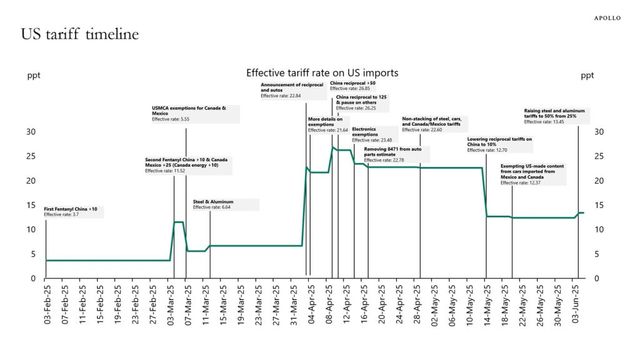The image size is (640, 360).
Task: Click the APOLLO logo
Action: (x=607, y=18)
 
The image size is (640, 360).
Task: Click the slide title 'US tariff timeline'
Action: (x=80, y=34)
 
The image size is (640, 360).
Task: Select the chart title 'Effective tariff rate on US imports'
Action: (x=322, y=73)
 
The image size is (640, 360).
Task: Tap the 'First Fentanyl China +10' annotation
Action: (x=71, y=208)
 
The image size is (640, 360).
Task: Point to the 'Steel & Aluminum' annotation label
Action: (x=213, y=202)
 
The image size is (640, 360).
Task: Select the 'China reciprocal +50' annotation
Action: (x=352, y=82)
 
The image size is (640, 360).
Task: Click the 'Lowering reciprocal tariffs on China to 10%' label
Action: (x=499, y=142)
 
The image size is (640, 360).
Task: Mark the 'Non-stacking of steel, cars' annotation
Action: (x=431, y=121)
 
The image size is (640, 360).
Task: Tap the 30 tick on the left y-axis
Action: (x=31, y=132)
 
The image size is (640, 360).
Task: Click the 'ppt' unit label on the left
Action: (x=34, y=76)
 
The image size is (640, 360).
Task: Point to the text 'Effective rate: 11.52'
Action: (x=166, y=171)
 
